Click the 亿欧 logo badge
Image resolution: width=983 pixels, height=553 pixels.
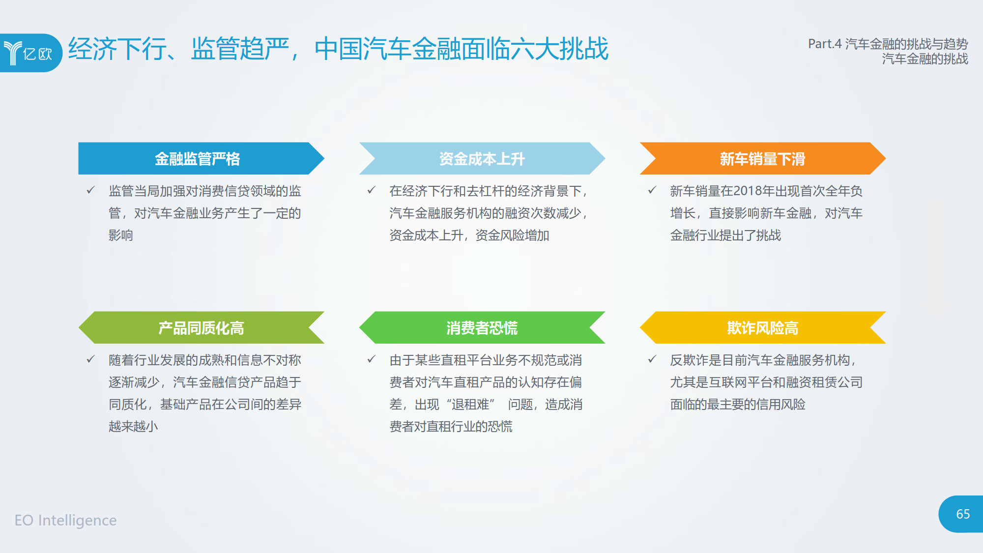(30, 53)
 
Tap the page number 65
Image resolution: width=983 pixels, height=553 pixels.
(963, 514)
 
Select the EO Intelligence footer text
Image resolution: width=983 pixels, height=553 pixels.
(65, 520)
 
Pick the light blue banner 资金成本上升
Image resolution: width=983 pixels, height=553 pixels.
(482, 158)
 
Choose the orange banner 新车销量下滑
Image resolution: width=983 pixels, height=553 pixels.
(762, 158)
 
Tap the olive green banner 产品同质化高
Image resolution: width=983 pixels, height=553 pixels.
(201, 327)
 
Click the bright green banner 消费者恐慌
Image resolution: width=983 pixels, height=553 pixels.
(482, 327)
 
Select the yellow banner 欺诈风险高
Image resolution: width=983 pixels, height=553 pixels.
(762, 327)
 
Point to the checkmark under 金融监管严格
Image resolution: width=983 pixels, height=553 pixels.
(90, 190)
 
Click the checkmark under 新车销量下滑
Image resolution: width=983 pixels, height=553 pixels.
(652, 190)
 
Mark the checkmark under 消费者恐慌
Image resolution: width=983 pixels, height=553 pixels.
(371, 359)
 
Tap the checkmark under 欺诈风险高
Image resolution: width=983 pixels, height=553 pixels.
(652, 359)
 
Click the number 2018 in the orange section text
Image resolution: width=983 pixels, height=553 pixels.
(736, 191)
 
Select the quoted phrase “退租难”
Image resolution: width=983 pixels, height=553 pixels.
(470, 404)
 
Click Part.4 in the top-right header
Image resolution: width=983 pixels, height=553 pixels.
(825, 44)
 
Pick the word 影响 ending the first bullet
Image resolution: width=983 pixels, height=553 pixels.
(121, 235)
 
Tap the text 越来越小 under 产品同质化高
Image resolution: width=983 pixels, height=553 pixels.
(133, 426)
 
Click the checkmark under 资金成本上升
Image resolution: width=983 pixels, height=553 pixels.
(371, 190)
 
